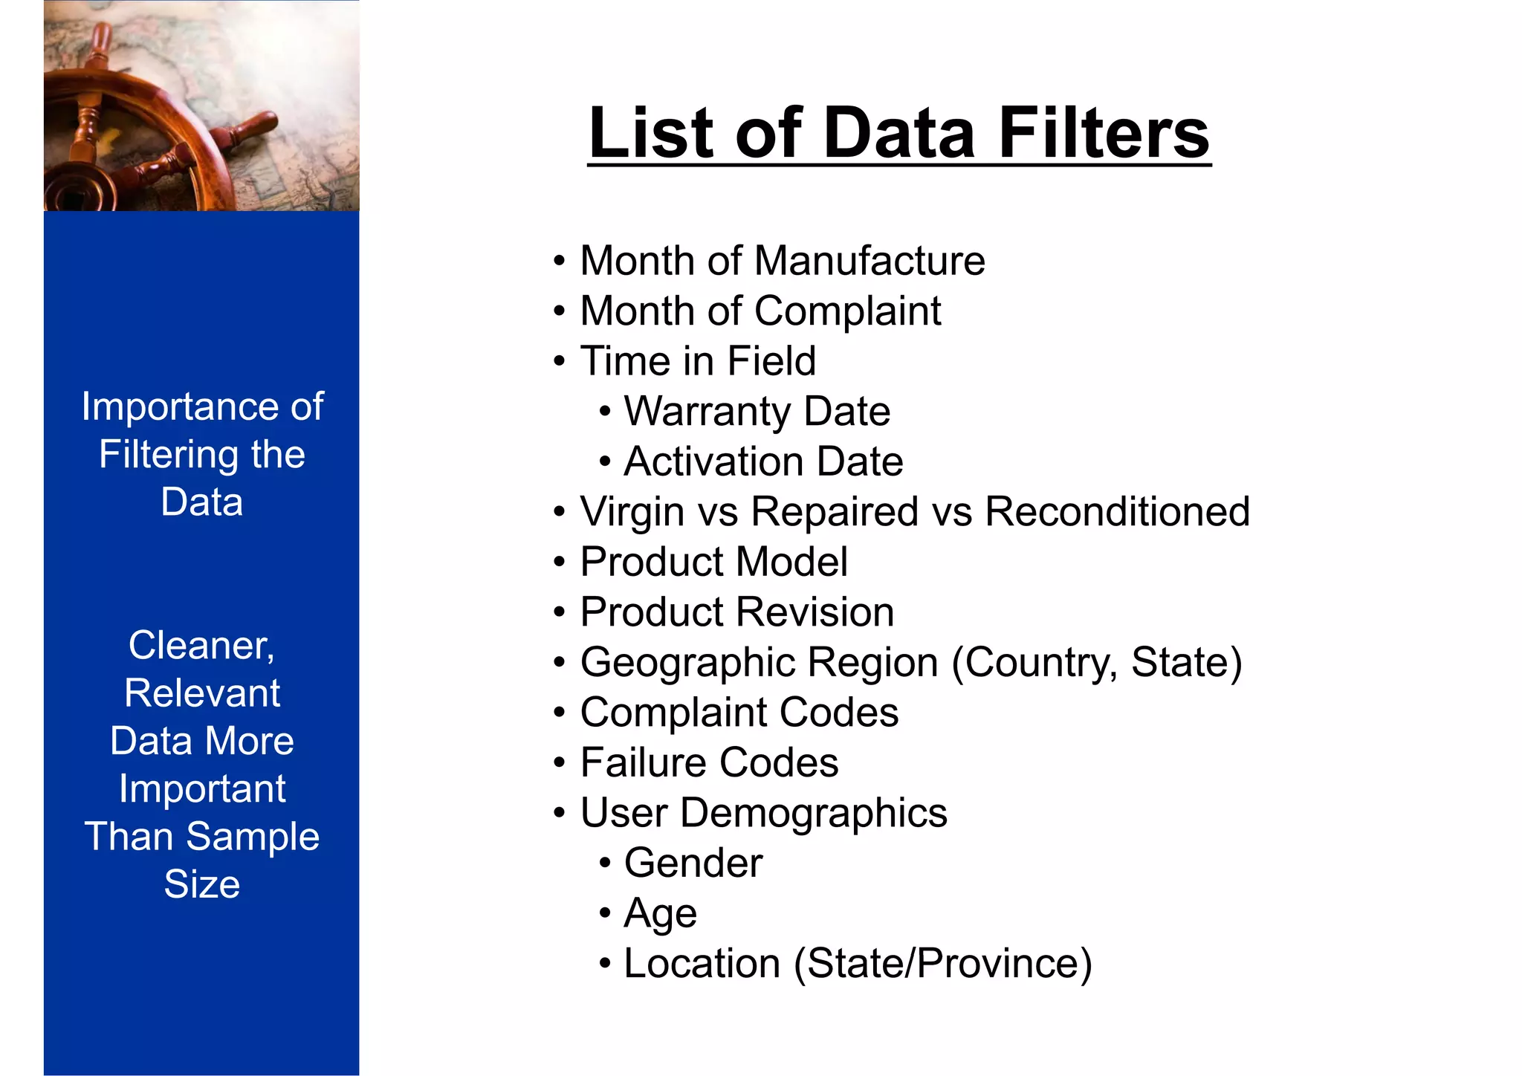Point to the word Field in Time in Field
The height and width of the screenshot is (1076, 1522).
click(771, 361)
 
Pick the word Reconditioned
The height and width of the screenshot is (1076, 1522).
click(1117, 512)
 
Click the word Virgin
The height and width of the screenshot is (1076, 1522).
click(632, 512)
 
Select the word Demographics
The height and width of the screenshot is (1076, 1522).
click(814, 813)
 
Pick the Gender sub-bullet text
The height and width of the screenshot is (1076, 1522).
click(693, 863)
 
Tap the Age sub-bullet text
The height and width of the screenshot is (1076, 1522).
click(661, 913)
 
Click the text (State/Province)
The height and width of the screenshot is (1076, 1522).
click(943, 964)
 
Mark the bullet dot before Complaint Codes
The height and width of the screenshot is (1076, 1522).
click(560, 713)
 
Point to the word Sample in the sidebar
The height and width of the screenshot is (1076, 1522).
click(253, 837)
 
